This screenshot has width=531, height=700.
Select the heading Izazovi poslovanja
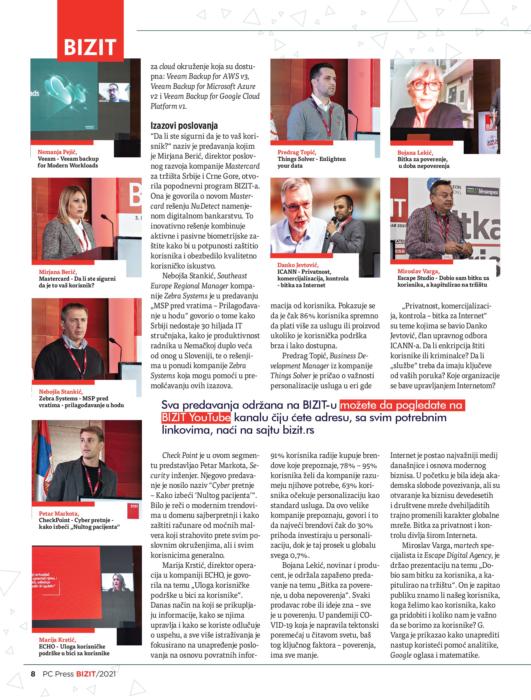(x=184, y=126)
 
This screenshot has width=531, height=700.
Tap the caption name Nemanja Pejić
(x=57, y=152)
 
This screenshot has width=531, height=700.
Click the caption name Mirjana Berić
(x=58, y=272)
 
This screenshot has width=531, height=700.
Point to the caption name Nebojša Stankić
(x=61, y=392)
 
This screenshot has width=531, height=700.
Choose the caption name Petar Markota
(x=59, y=513)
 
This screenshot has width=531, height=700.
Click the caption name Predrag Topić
(x=297, y=152)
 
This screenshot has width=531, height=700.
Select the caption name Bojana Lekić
(x=415, y=153)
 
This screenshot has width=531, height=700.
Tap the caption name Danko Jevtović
(x=298, y=265)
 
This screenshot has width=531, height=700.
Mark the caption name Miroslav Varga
(x=419, y=271)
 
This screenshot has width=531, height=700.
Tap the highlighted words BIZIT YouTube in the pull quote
(x=196, y=418)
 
